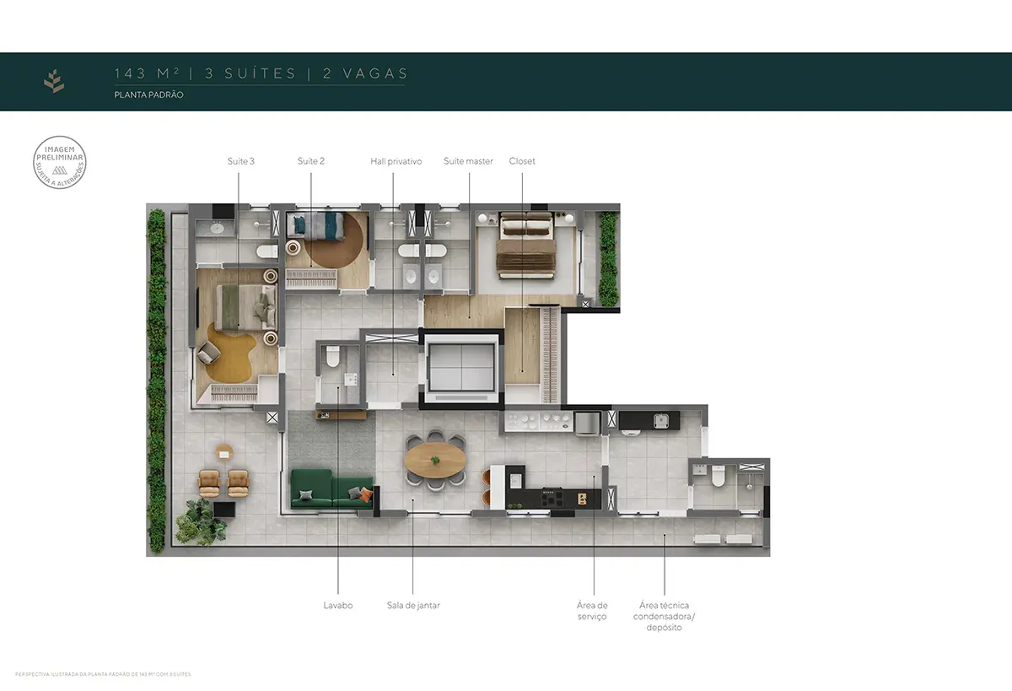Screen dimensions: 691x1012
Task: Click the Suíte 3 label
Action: (x=240, y=161)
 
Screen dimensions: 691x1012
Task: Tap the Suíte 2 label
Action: (x=311, y=161)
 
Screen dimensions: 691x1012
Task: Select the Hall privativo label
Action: (x=396, y=161)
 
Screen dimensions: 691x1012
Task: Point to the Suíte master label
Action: (x=468, y=161)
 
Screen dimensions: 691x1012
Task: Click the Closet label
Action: (x=522, y=161)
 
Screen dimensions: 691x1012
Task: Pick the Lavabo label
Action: (x=337, y=605)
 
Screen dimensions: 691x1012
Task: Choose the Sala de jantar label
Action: (x=413, y=605)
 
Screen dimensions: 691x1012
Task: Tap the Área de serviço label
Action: (x=592, y=611)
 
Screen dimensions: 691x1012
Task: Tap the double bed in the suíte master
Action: (x=525, y=244)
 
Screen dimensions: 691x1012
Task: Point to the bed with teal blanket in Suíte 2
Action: (x=315, y=225)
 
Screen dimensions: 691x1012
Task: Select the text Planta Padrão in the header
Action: (x=149, y=95)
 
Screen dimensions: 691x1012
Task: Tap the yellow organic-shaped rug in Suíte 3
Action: (x=226, y=354)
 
